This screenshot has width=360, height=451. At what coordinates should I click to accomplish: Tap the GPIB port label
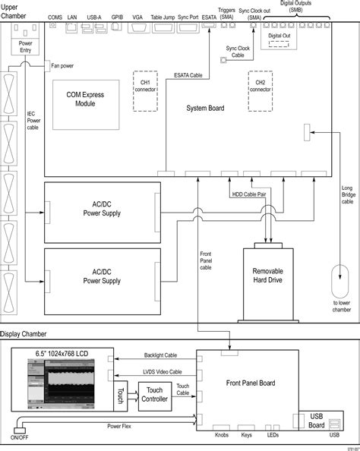pos(117,16)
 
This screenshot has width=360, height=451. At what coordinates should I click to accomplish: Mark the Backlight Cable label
pos(162,355)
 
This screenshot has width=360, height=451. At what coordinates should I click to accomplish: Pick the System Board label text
pos(205,109)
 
